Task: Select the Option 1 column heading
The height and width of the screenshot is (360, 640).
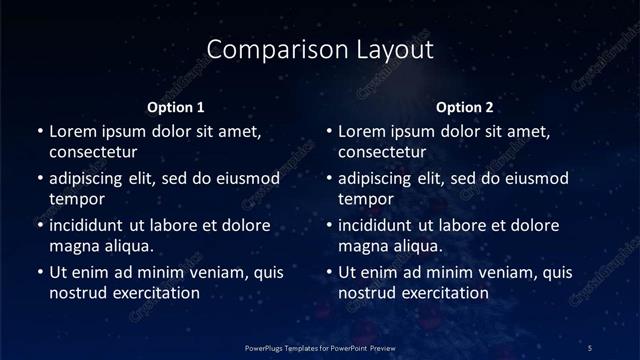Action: [x=176, y=107]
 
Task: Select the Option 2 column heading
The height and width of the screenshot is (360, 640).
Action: [x=466, y=107]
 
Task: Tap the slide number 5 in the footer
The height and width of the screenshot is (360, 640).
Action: [x=591, y=347]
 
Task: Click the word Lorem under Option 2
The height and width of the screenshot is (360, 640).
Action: [x=363, y=131]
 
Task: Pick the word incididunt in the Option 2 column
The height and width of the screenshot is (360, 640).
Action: [x=378, y=225]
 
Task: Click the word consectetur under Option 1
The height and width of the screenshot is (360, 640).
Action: [x=93, y=152]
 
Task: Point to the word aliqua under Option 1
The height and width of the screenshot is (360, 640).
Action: [x=126, y=246]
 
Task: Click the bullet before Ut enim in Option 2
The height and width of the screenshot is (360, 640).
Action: [x=329, y=272]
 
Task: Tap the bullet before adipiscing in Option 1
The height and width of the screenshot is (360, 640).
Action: [x=39, y=178]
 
